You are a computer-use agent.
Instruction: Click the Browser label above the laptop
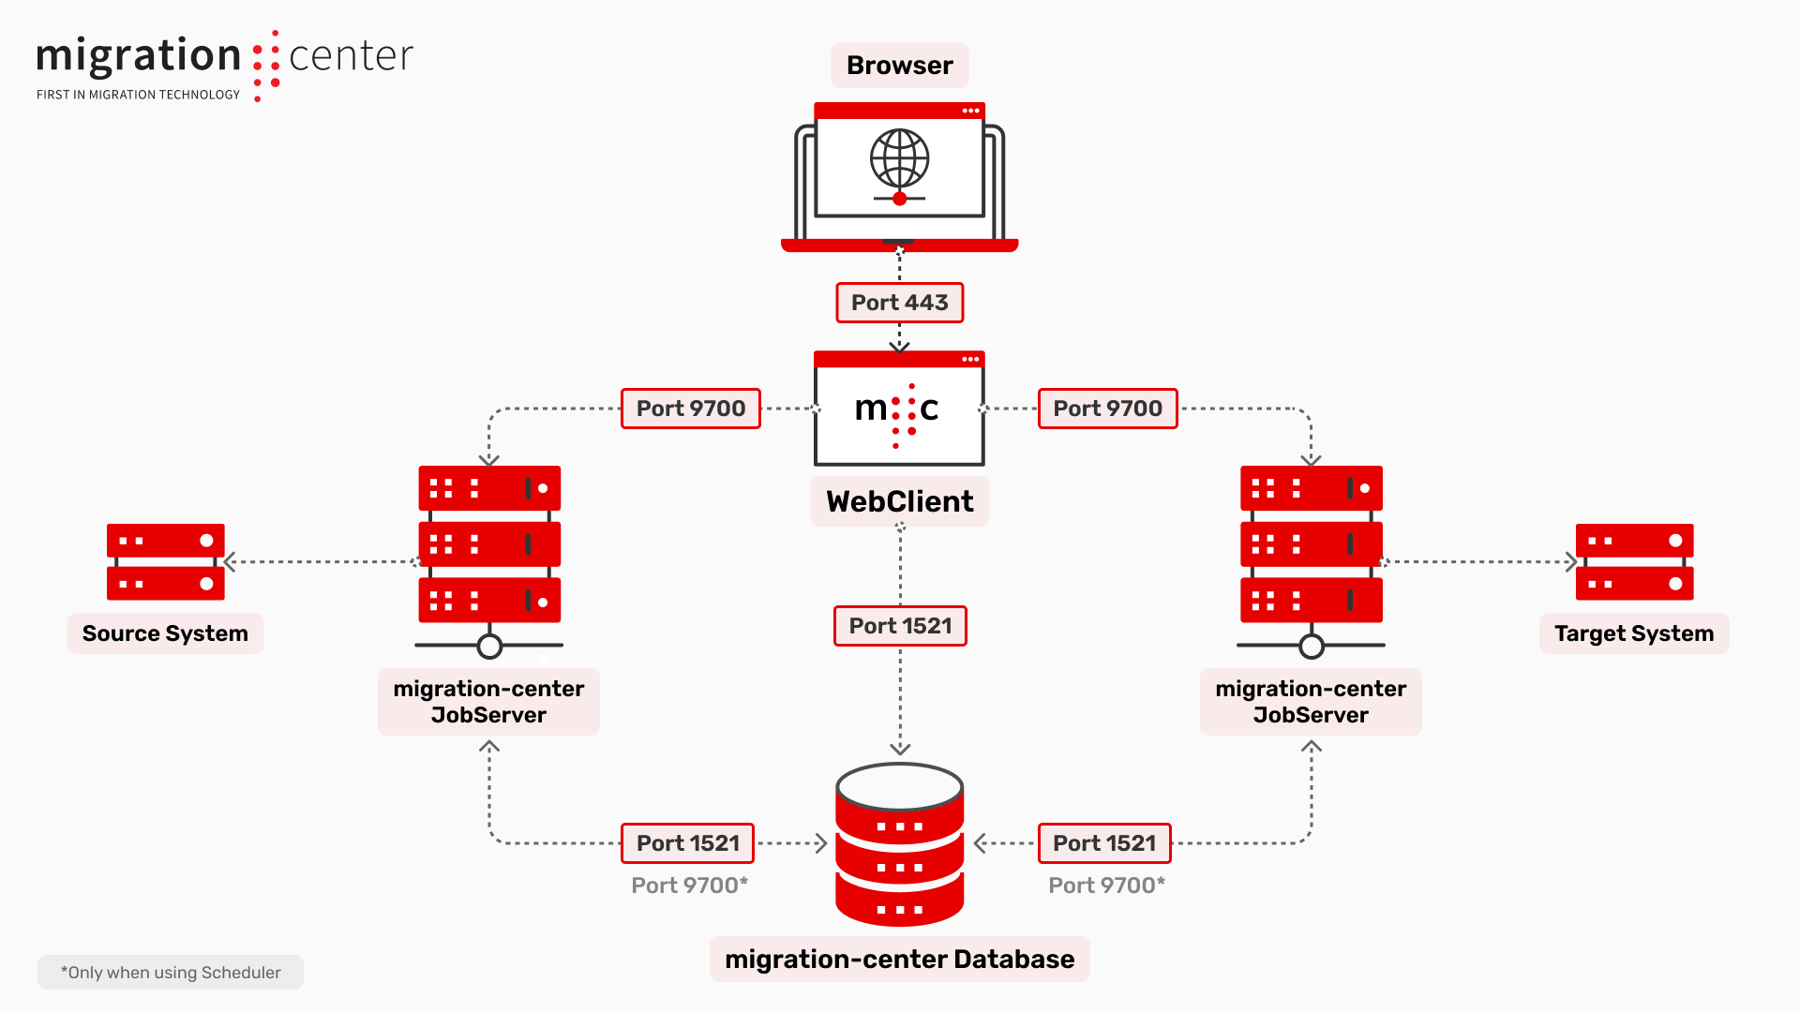[899, 66]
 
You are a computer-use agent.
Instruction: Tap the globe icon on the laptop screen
[899, 158]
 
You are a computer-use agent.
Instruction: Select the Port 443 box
[899, 303]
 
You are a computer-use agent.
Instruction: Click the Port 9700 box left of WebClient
[690, 409]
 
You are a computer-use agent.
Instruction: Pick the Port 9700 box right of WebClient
[1107, 409]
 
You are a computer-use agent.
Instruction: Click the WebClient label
[899, 501]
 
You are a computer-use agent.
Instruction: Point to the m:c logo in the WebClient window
[897, 409]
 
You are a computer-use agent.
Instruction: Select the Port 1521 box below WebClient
[900, 626]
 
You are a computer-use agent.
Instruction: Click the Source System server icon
[165, 561]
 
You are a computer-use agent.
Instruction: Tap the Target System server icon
[1634, 561]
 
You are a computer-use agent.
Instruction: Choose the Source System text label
[165, 633]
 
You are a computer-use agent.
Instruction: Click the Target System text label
[1633, 633]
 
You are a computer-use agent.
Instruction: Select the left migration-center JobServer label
[488, 702]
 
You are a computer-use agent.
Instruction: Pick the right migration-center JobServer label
[1311, 702]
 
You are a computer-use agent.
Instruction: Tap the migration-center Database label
[899, 960]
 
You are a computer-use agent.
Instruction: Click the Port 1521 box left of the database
[688, 843]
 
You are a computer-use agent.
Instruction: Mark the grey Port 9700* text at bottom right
[1106, 885]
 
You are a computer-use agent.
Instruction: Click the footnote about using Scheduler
[171, 973]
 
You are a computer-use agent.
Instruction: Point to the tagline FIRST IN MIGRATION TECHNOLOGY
[138, 95]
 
